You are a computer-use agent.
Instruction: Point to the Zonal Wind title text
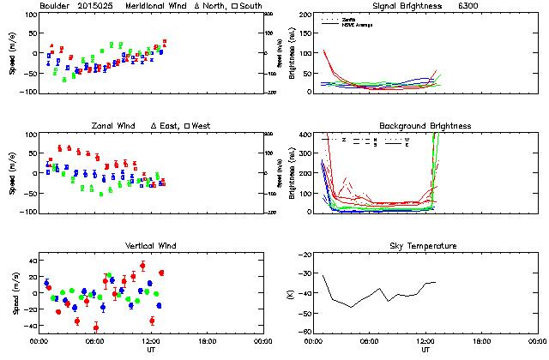pos(115,126)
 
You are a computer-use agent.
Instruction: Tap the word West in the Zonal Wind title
pos(202,126)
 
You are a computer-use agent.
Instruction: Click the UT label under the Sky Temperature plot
pos(425,350)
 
